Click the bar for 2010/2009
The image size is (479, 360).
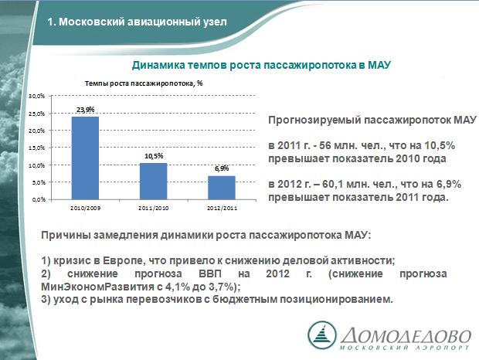pos(85,158)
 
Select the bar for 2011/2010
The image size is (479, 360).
pos(153,182)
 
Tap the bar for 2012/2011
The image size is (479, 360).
pos(222,188)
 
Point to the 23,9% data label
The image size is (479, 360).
pos(85,109)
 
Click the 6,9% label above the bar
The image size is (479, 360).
pos(222,168)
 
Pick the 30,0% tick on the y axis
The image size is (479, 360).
pos(36,97)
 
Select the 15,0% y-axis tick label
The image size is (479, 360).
pos(36,148)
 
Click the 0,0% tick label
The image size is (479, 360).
pos(38,199)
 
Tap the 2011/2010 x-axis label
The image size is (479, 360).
pos(153,209)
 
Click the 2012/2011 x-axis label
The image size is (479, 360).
pos(222,209)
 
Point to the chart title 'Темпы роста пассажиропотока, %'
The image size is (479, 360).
pos(144,83)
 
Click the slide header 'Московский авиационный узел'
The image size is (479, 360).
pos(143,22)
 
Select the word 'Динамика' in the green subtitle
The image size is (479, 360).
pos(158,65)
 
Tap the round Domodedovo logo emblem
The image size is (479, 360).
pos(322,335)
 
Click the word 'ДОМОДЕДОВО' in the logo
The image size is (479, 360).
pos(406,336)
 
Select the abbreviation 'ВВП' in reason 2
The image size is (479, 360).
pos(210,273)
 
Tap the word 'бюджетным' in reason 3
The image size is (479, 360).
pos(245,300)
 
